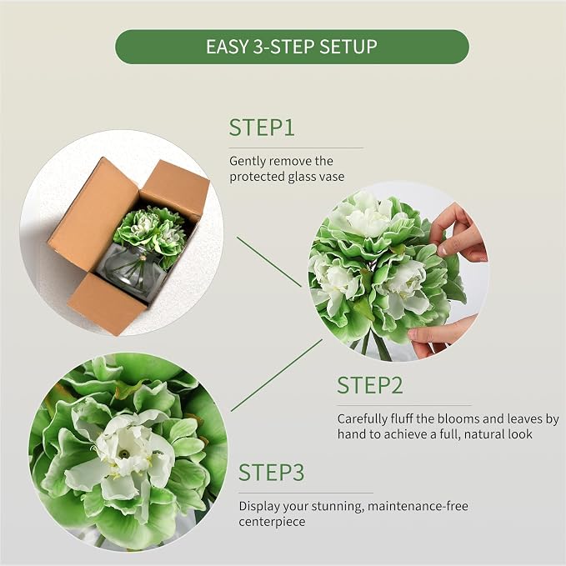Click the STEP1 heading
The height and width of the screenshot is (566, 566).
tap(262, 128)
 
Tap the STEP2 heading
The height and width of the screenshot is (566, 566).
tap(369, 385)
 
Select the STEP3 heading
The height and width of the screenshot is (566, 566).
tap(272, 473)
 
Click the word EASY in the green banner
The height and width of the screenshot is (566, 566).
tap(227, 47)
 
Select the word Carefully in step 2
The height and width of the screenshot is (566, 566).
tap(362, 419)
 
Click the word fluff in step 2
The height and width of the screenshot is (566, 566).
tap(402, 418)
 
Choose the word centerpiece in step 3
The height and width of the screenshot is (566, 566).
tap(272, 522)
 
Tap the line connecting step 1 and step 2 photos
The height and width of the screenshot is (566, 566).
tap(269, 262)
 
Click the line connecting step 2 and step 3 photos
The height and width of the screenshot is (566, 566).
tap(277, 375)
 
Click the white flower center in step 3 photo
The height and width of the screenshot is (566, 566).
tap(124, 451)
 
